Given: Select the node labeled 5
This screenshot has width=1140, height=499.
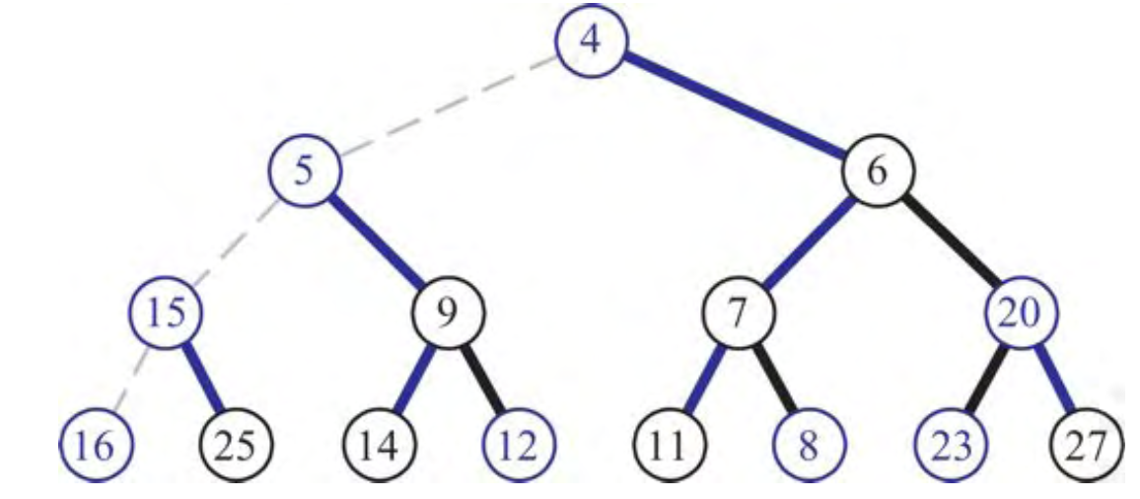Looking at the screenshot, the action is (x=306, y=172).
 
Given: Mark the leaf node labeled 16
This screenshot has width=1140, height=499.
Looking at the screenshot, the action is (x=94, y=446).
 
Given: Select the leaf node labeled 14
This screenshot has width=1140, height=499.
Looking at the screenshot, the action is (x=380, y=446).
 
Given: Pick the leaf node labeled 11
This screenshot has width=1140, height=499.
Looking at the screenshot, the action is (x=669, y=446).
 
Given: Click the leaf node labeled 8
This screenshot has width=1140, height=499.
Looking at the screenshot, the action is (x=809, y=446).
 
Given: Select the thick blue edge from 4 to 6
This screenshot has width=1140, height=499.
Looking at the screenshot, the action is (x=734, y=109).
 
